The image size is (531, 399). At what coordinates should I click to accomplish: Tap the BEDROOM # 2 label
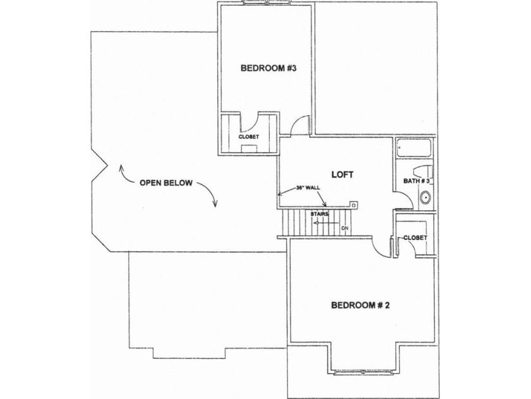click(360, 305)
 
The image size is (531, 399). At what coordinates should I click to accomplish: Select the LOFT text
click(342, 174)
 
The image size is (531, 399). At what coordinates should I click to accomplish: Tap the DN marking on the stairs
click(345, 227)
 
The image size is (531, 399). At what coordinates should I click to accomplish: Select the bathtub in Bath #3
click(413, 148)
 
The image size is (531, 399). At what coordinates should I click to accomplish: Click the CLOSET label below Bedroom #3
click(248, 136)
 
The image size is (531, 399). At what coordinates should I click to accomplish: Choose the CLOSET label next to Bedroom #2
click(414, 237)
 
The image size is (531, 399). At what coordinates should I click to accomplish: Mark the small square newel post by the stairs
click(354, 205)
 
